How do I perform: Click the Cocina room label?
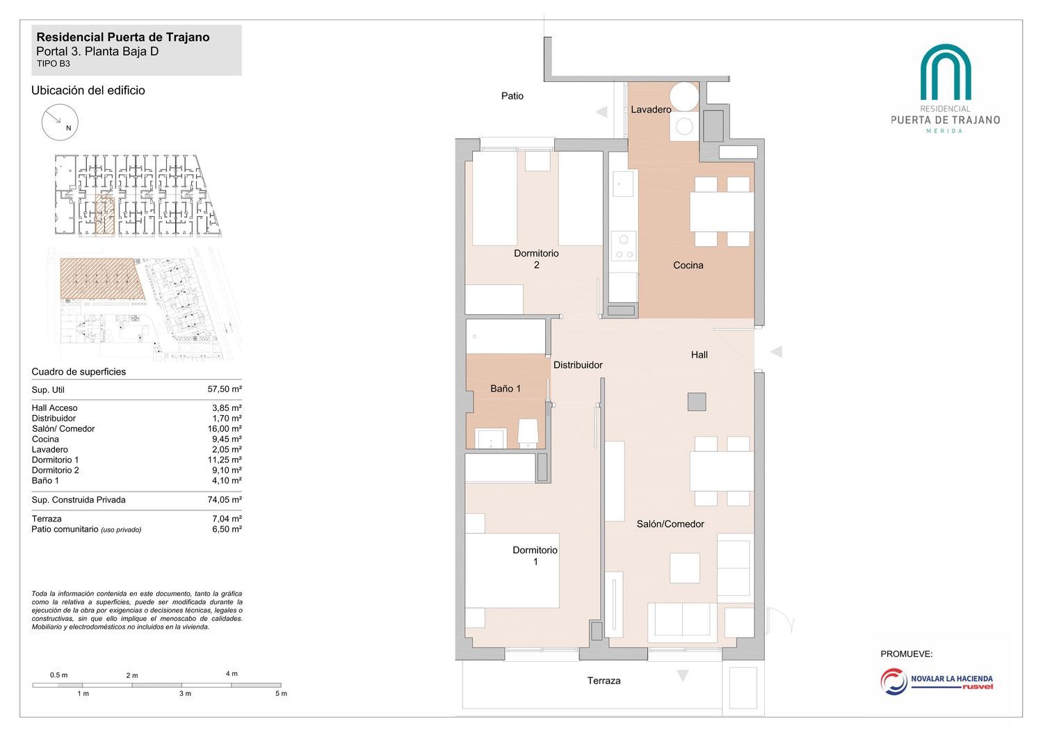[x=688, y=266]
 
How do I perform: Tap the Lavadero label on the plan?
[x=651, y=109]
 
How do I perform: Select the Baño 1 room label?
[x=506, y=388]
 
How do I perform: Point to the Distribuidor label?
[x=578, y=365]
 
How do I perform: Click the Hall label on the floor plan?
[x=699, y=355]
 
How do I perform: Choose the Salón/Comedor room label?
[x=670, y=524]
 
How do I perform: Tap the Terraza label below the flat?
[x=604, y=681]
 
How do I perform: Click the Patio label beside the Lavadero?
[x=512, y=96]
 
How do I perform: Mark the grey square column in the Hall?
[x=697, y=402]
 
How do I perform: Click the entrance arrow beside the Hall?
[x=776, y=352]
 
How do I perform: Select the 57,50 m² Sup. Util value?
[x=225, y=389]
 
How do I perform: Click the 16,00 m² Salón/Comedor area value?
[x=225, y=429]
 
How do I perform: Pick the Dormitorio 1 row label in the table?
[x=55, y=460]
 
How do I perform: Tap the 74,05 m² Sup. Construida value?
[x=225, y=499]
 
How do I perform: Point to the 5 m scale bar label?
[x=281, y=694]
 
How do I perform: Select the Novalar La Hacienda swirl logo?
[x=893, y=682]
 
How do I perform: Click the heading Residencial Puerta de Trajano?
[x=123, y=38]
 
